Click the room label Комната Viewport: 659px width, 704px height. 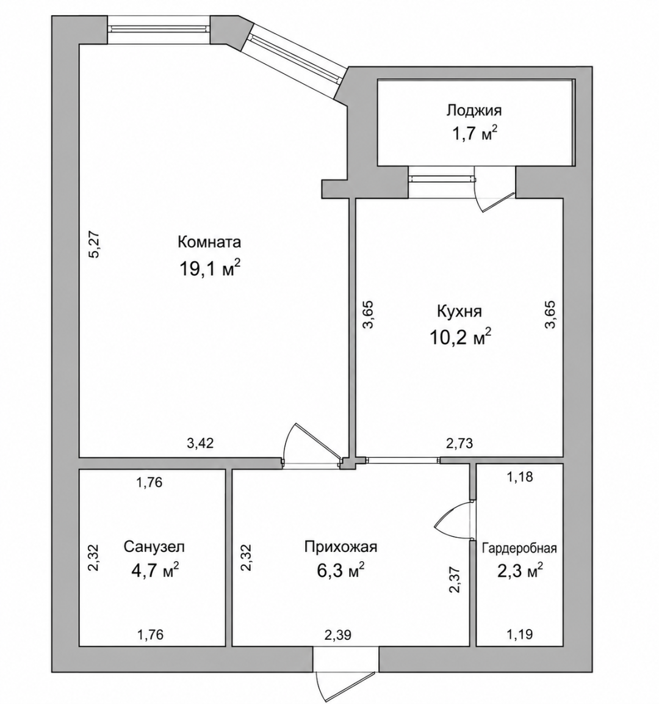click(x=209, y=242)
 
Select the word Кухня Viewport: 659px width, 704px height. click(x=459, y=311)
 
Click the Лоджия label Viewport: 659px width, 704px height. click(x=474, y=110)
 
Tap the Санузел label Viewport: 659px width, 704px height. click(x=154, y=547)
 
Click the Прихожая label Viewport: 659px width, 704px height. click(x=340, y=546)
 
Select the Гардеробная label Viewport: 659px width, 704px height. click(x=519, y=548)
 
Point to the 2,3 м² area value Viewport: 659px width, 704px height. click(x=520, y=572)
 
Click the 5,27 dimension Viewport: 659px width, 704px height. click(x=96, y=244)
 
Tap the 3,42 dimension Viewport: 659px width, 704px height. click(x=200, y=443)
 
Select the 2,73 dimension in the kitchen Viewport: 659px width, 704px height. click(x=459, y=443)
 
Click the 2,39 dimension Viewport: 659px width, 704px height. click(x=338, y=635)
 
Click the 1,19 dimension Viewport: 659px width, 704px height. click(x=520, y=634)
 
